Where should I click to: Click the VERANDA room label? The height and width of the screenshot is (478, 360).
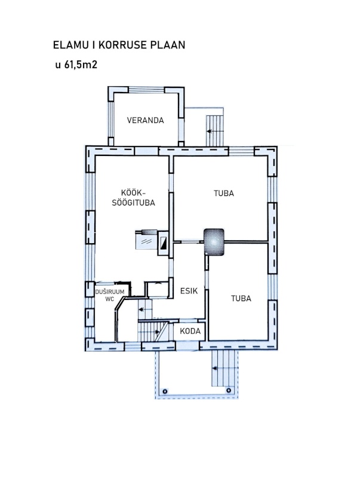coord(145,120)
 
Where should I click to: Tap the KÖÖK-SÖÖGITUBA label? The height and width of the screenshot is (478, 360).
coord(133,198)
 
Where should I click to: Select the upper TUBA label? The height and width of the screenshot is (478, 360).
coord(224,193)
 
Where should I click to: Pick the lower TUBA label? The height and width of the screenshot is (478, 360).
coord(241,298)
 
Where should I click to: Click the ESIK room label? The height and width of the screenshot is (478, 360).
coord(189,291)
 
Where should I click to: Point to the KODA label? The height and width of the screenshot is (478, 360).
coord(190,331)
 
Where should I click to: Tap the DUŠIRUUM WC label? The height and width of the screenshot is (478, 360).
coord(110,295)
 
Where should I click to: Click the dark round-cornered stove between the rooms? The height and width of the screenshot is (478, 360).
coord(214,242)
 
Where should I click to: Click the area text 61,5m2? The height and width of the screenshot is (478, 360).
coord(81,65)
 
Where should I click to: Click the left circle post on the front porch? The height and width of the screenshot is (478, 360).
coord(165,391)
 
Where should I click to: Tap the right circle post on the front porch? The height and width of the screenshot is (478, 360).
coord(229,390)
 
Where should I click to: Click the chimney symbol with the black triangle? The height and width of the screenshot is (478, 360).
coord(163,243)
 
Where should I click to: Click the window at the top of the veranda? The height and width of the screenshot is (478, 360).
coord(146,90)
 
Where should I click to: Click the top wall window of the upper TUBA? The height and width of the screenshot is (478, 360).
coord(241,151)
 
